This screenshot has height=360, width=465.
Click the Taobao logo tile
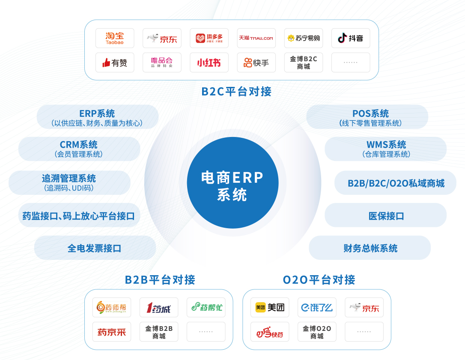(115, 38)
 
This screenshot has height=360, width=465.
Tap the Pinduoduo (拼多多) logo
(209, 38)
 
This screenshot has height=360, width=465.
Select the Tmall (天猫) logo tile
(256, 38)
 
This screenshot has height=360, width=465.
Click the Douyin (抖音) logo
(350, 38)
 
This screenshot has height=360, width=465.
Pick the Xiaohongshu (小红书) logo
(209, 62)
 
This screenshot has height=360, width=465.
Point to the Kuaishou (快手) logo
(256, 62)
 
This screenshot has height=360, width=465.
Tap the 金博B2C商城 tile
(303, 62)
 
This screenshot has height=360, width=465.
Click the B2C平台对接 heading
(236, 91)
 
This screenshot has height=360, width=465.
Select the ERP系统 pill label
(97, 117)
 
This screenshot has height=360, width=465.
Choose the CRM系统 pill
(79, 149)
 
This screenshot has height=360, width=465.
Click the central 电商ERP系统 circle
(232, 183)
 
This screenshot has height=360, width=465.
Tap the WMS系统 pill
(386, 149)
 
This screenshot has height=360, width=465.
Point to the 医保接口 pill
(386, 215)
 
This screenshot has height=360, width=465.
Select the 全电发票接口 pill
(95, 248)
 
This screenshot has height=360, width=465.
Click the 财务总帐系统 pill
(370, 248)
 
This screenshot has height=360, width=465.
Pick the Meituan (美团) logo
(270, 307)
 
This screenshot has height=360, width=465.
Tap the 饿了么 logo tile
(317, 307)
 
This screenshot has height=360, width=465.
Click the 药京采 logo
(112, 332)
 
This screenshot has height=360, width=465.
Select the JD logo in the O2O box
(364, 307)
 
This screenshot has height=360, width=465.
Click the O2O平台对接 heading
(319, 280)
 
